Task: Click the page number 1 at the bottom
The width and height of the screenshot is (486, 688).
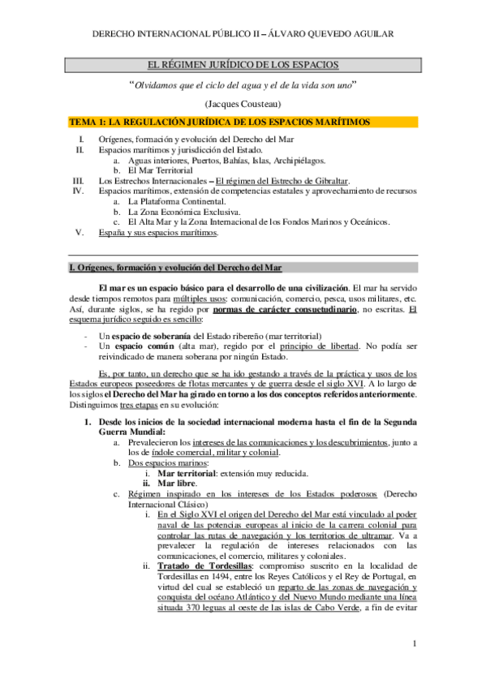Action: point(414,644)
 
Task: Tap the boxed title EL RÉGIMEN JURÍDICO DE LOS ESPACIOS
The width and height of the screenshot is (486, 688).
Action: point(243,64)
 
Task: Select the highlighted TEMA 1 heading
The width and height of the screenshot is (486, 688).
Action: point(220,122)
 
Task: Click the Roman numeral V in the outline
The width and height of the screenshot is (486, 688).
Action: point(79,232)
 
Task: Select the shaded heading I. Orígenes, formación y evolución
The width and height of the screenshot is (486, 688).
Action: point(175,268)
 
